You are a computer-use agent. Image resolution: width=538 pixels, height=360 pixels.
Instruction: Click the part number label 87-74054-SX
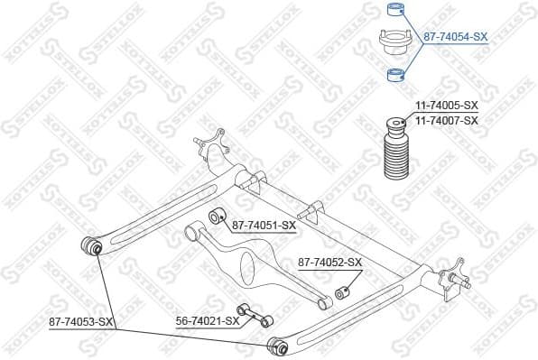[455, 37]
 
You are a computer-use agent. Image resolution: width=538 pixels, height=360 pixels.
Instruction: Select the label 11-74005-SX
[446, 106]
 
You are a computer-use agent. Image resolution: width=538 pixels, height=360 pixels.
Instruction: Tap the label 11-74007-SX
[446, 120]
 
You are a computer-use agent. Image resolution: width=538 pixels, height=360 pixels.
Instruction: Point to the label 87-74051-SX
[264, 225]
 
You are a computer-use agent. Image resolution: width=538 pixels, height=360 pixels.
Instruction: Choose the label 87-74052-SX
[329, 263]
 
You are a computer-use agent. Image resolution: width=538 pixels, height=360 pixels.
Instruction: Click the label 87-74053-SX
[80, 320]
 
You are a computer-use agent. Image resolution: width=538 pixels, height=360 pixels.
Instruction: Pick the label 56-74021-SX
[207, 320]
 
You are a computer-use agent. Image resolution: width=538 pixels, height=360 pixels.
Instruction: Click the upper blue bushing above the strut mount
[394, 12]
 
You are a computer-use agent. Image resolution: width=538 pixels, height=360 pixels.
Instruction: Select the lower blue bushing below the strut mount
[394, 74]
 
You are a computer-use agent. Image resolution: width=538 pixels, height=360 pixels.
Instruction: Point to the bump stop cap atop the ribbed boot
[394, 123]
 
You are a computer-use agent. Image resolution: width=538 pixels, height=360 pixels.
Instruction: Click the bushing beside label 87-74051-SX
[216, 217]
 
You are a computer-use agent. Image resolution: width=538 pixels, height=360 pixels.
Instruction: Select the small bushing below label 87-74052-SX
[341, 292]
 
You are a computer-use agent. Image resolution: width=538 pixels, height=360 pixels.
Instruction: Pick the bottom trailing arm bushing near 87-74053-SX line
[279, 344]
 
